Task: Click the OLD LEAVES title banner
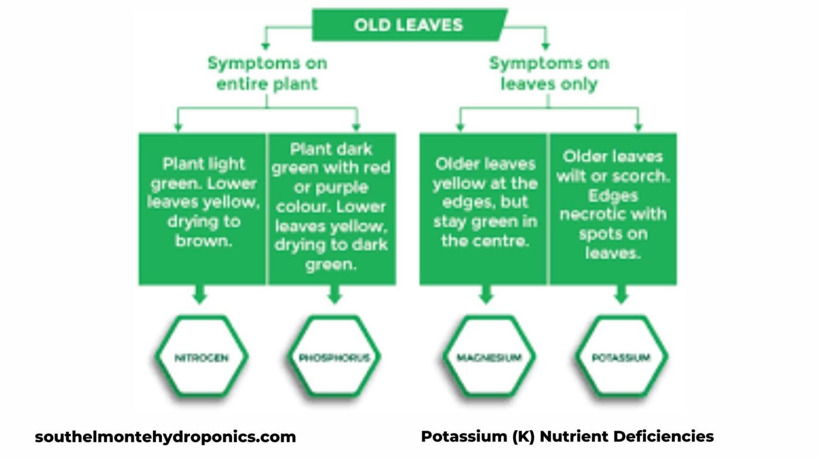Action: (408, 24)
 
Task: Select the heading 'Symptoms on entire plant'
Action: (267, 73)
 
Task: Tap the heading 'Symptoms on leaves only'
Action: (549, 73)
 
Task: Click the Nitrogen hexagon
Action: (201, 357)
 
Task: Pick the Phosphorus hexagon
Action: (334, 357)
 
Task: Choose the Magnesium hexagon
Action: (488, 357)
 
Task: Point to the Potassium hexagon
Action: (621, 357)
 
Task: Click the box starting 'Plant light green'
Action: (202, 209)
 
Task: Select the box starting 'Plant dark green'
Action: (331, 209)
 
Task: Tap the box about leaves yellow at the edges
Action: (484, 209)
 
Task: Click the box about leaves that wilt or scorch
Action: (613, 209)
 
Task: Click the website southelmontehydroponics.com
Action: (165, 437)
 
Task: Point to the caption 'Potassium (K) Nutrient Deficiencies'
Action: (567, 437)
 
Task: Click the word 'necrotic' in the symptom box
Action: (592, 215)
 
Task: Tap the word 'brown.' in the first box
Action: (203, 241)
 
